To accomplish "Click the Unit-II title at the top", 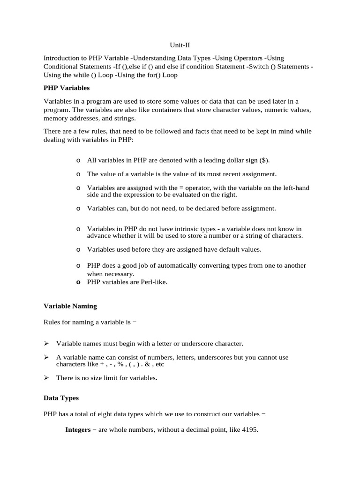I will (180, 45).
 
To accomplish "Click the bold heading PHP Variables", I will (67, 88).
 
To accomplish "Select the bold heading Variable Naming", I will (70, 306).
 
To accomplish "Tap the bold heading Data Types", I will (61, 398).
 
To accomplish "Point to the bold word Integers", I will (78, 429).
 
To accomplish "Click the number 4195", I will (248, 429).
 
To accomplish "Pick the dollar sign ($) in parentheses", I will (263, 160).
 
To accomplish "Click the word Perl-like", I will (151, 282).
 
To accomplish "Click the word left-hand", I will (296, 188).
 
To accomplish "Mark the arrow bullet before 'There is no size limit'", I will (46, 377).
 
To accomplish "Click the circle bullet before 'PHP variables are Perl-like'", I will (78, 283).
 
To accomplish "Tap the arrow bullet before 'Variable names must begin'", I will (46, 344).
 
